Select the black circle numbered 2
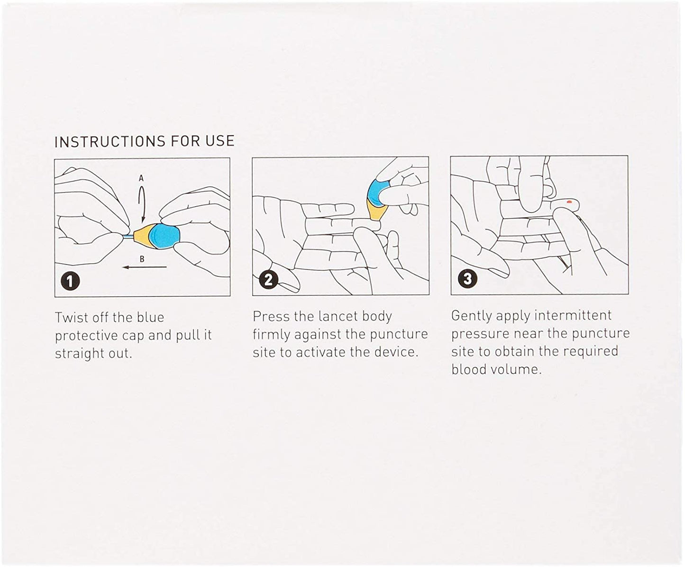pos(268,280)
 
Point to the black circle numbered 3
pos(467,279)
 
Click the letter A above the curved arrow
pos(141,178)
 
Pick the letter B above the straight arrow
pos(142,259)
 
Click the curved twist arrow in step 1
pos(142,203)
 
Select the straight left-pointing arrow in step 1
pos(145,267)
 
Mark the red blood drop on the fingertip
pos(569,202)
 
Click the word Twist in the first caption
pos(71,317)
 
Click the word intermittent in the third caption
pos(573,315)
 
